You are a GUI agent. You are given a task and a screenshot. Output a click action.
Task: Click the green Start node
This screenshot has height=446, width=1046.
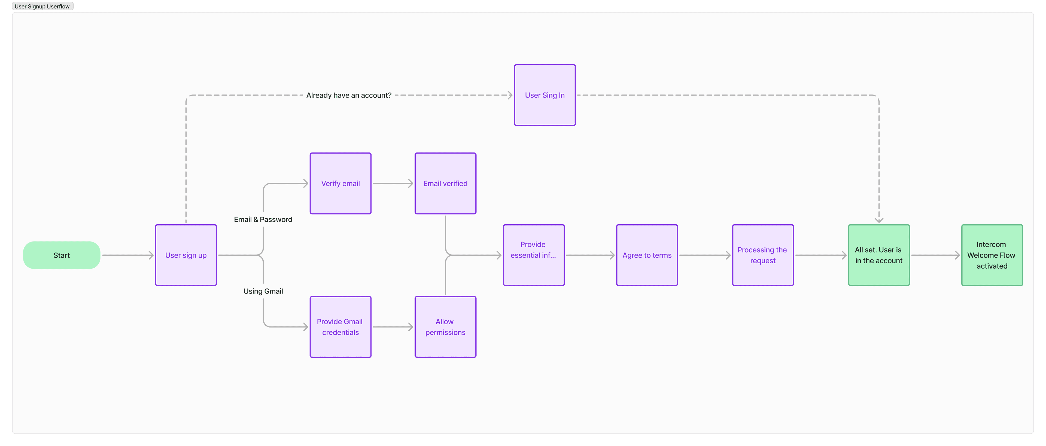(62, 255)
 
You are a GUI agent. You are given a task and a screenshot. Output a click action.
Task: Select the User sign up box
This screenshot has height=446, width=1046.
(186, 255)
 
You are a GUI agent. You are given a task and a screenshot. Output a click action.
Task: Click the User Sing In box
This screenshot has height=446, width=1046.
(545, 95)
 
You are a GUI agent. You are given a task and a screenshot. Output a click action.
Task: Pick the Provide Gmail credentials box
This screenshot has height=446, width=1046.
(340, 327)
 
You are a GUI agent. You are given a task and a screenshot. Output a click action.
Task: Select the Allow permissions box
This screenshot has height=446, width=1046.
(445, 327)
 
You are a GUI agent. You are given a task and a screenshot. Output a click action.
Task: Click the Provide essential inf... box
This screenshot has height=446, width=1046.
(534, 255)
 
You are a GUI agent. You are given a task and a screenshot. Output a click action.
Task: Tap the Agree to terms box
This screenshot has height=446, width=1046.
(647, 255)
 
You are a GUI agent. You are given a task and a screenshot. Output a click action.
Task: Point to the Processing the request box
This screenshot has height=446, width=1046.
(763, 255)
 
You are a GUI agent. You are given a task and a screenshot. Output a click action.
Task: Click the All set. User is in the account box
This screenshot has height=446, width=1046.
(879, 255)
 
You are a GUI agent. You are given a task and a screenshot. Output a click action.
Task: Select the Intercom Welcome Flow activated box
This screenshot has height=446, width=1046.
(992, 255)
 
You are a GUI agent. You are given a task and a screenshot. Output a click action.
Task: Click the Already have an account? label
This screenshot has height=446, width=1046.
(349, 95)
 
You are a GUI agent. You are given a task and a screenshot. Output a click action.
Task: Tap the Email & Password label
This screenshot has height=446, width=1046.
(263, 219)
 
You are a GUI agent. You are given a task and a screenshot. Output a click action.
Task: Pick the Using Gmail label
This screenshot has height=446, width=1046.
(263, 291)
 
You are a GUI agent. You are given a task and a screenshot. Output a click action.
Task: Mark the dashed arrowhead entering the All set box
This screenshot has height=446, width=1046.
(879, 219)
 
